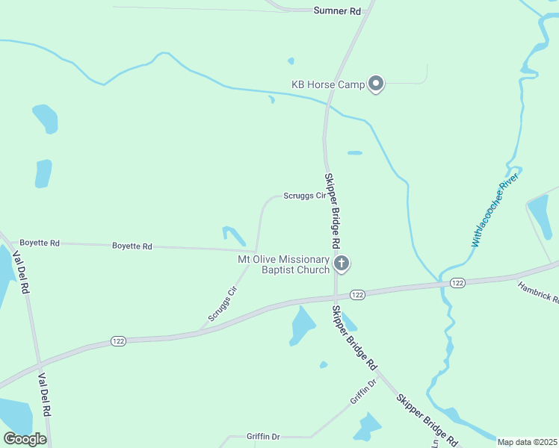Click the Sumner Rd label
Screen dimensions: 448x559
[337, 11]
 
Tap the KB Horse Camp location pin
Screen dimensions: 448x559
[377, 84]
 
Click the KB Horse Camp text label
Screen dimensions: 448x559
[327, 84]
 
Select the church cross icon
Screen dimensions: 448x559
[342, 263]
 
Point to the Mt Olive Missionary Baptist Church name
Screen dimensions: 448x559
[283, 264]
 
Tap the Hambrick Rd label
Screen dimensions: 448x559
[538, 291]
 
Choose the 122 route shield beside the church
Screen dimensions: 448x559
[357, 295]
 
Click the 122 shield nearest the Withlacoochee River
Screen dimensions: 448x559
[457, 282]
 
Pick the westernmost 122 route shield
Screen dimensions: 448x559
[117, 340]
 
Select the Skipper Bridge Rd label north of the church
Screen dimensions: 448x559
[333, 211]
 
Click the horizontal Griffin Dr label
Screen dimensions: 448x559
[263, 436]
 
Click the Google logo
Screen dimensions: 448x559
[25, 439]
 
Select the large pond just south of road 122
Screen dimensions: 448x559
[302, 326]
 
